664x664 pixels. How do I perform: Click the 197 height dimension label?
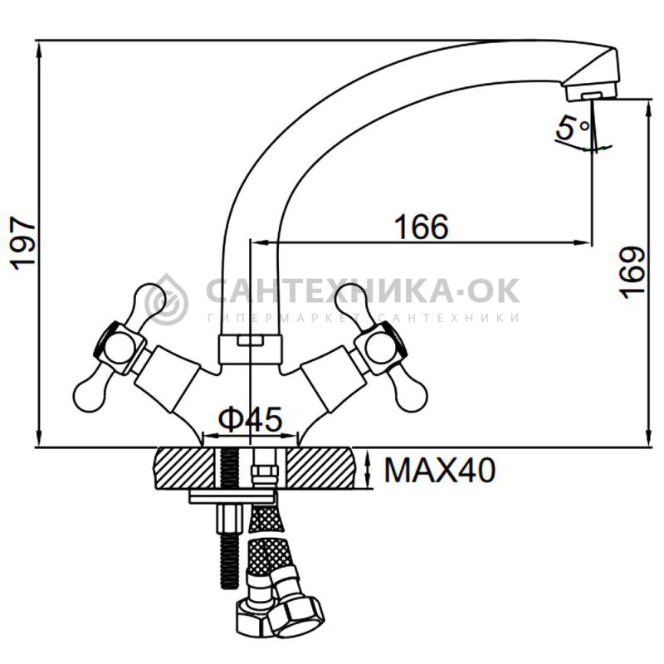[x=23, y=243]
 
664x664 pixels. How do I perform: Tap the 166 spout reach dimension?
[x=422, y=226]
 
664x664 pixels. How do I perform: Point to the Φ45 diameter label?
[x=251, y=419]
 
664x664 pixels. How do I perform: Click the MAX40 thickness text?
[x=440, y=470]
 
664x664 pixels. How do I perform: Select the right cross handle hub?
[x=380, y=347]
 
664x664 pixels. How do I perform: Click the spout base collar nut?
[x=250, y=349]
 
